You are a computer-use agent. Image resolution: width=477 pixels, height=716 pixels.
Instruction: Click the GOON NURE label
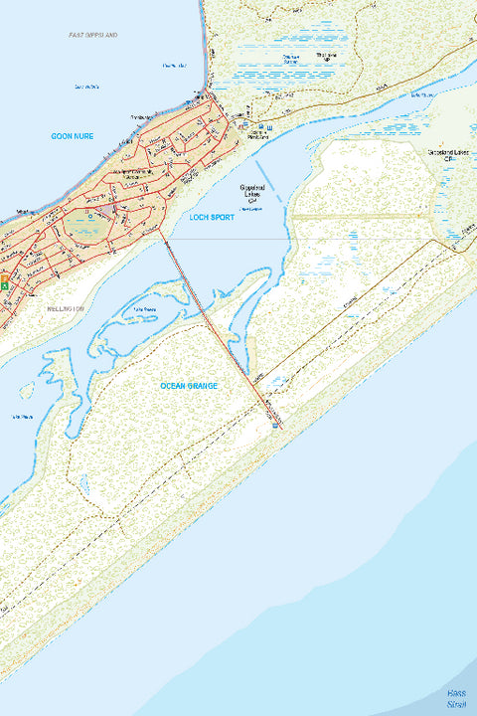point(73,136)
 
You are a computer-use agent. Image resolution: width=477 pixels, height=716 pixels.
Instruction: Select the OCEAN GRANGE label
point(189,385)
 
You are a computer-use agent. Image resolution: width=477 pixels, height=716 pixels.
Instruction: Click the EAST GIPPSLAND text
point(93,35)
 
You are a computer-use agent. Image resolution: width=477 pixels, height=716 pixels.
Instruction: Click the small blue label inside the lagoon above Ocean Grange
point(146,310)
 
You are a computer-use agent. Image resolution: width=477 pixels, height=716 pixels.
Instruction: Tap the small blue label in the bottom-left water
point(22,416)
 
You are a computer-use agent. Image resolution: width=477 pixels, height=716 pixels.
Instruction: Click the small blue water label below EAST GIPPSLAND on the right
point(175,66)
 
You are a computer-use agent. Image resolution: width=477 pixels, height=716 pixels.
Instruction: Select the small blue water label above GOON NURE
point(87,88)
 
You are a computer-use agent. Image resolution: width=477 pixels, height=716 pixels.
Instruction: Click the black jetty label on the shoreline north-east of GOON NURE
point(139,117)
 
